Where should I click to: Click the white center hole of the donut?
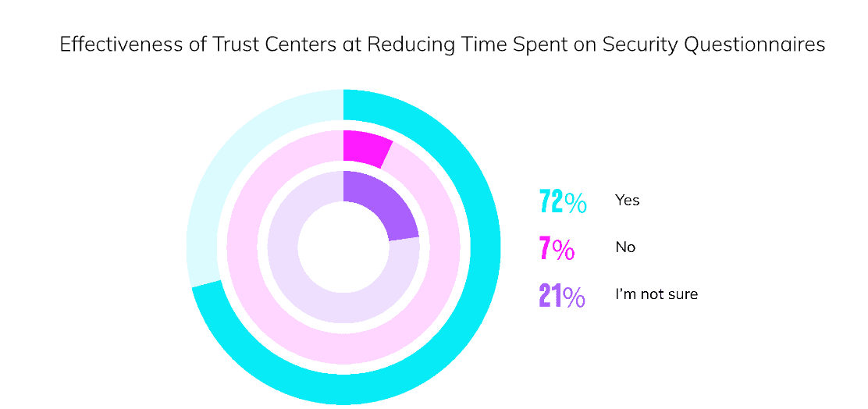343,247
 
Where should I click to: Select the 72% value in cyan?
563,201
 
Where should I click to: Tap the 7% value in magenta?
557,248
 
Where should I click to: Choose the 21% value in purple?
562,296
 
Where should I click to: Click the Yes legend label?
627,201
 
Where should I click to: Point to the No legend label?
625,247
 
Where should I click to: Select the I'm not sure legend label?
656,294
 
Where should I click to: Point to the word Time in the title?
457,45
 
